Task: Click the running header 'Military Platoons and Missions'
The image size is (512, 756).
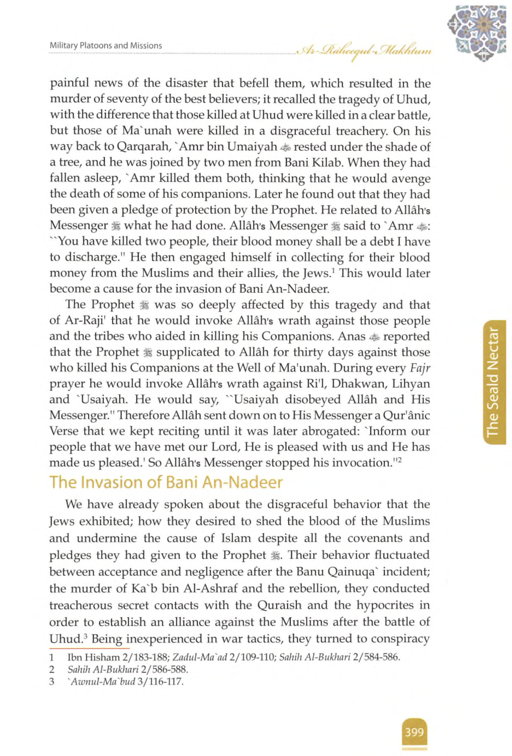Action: pyautogui.click(x=106, y=46)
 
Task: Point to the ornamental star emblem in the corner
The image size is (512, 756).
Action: pyautogui.click(x=476, y=33)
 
